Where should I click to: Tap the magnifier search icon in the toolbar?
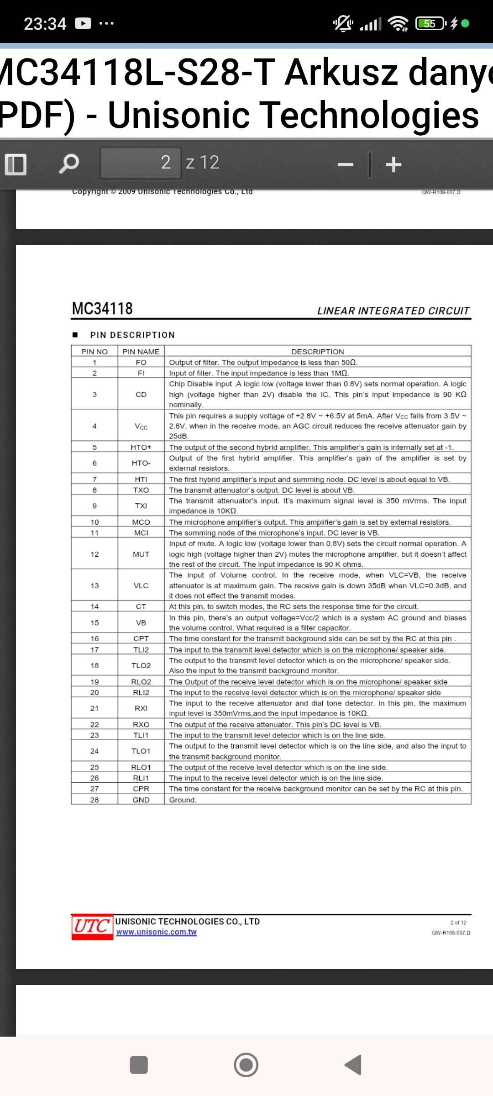tap(69, 163)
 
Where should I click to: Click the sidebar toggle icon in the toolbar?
tap(16, 164)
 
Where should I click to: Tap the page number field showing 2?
tap(141, 163)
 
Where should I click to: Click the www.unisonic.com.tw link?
tap(156, 932)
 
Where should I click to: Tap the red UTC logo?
tap(92, 927)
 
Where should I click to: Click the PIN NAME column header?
tap(141, 352)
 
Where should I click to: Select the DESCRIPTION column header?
tap(317, 352)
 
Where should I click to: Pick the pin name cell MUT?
tap(141, 554)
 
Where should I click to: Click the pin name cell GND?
tap(141, 800)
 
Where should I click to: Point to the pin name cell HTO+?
tap(141, 447)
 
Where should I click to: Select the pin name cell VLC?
tap(141, 585)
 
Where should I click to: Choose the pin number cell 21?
tap(94, 708)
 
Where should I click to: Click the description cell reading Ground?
tap(183, 800)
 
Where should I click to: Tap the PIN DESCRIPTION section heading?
tap(132, 335)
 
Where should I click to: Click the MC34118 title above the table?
tap(102, 309)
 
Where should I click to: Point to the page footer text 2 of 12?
tap(458, 922)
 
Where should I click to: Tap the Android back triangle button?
tap(353, 1065)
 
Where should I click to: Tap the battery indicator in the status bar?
tap(430, 23)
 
